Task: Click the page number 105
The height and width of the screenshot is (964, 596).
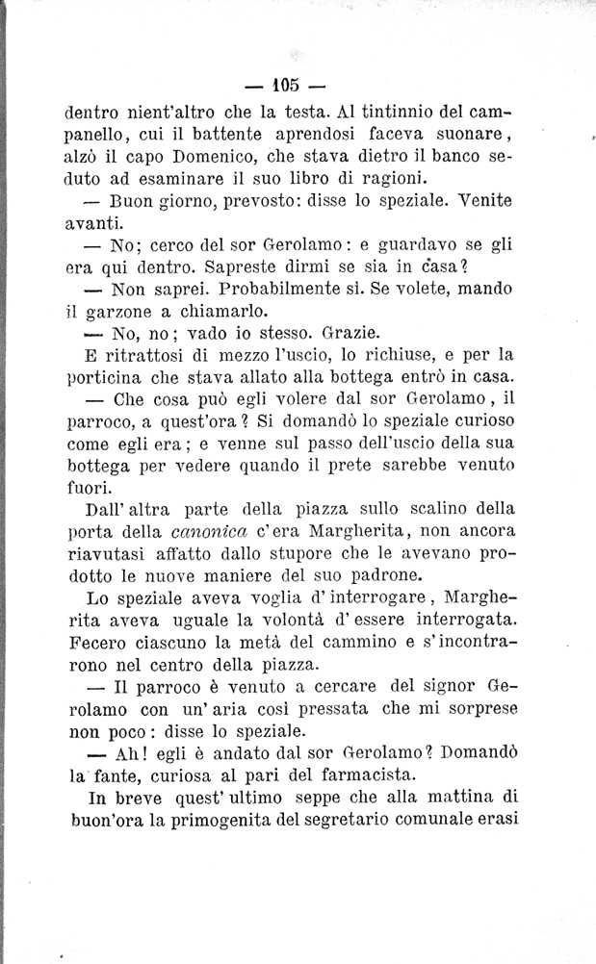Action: tap(286, 78)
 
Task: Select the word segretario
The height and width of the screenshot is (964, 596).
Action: tap(374, 823)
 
